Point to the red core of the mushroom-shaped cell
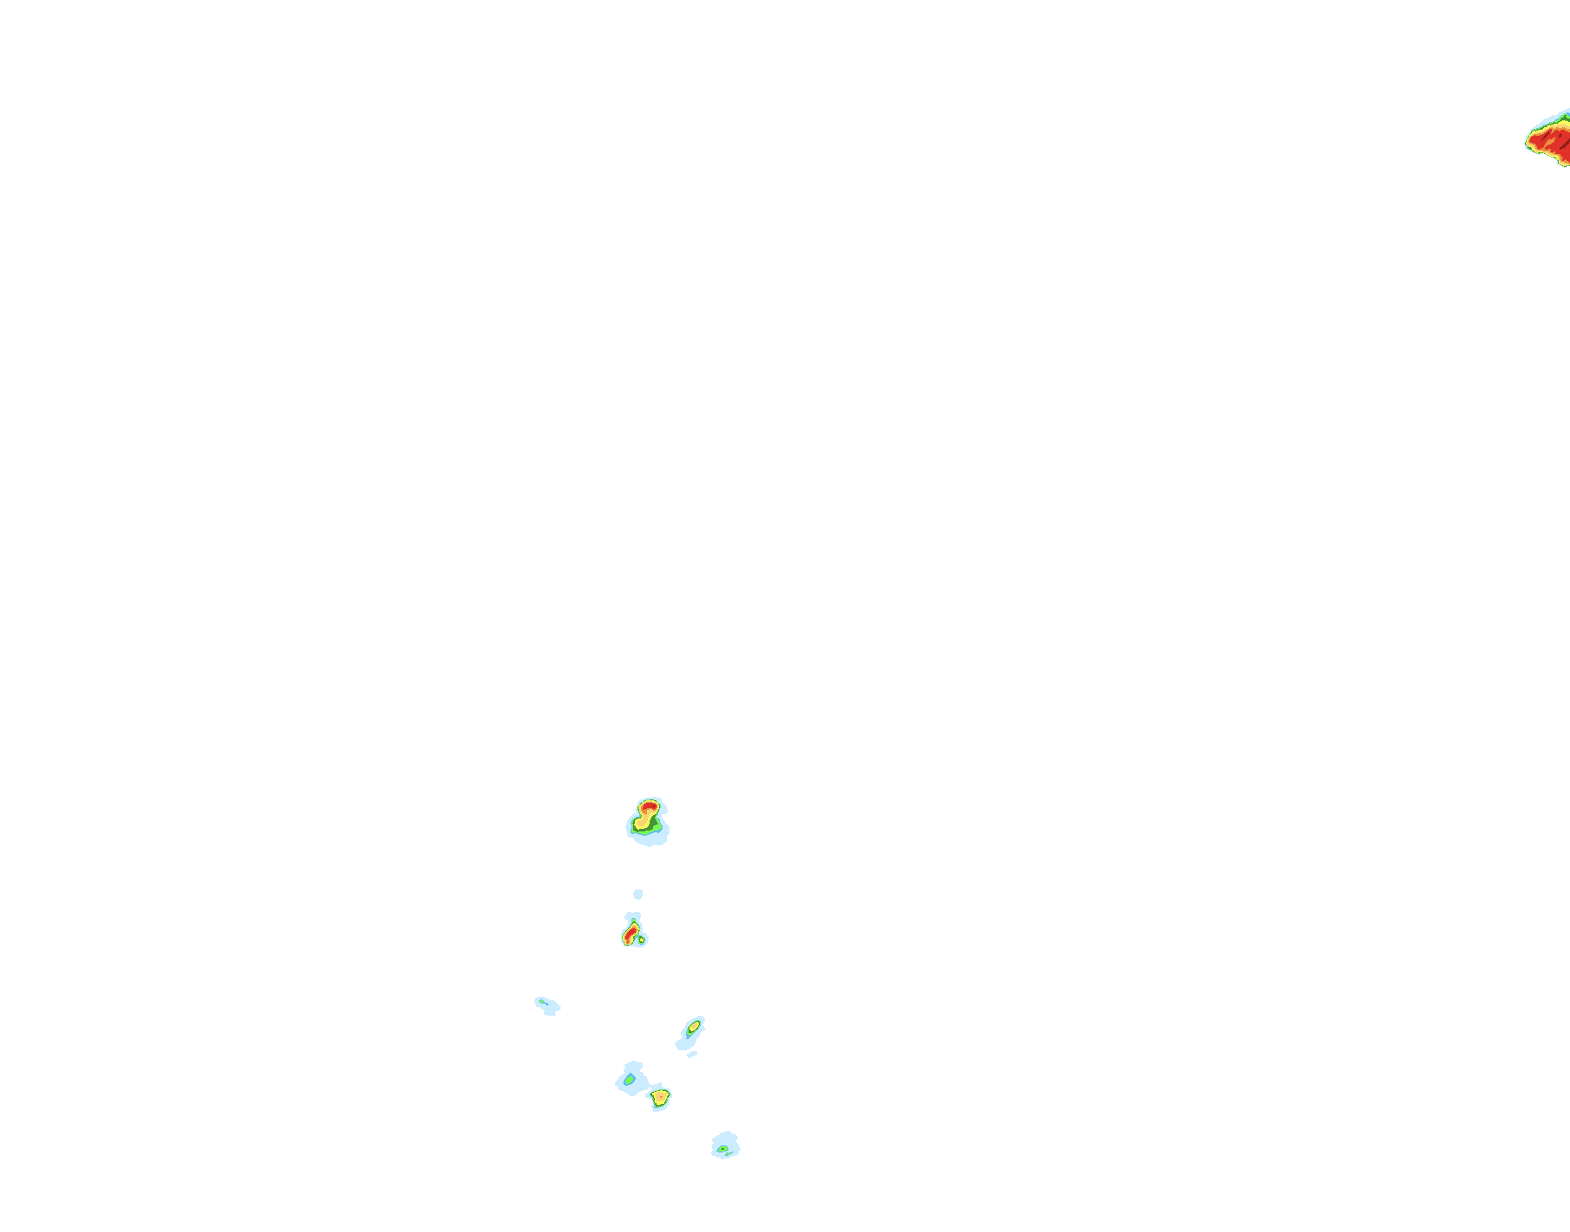coord(648,807)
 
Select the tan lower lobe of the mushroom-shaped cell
coord(644,823)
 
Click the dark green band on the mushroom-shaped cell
coord(638,831)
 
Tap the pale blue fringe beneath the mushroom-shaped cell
coord(650,839)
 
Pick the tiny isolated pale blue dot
coord(638,894)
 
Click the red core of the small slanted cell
coord(631,934)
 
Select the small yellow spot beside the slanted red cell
coord(641,940)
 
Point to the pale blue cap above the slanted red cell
coord(633,917)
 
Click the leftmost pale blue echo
coord(548,1005)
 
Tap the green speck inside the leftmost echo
coord(542,1002)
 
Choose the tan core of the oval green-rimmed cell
coord(693,1027)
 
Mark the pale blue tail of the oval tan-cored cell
coord(683,1042)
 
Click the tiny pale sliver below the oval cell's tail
coord(692,1054)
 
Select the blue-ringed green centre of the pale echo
coord(630,1080)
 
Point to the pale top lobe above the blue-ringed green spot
coord(634,1066)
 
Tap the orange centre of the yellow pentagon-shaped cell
coord(660,1097)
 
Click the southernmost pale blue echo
coord(726,1145)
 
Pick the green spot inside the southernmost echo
coord(722,1149)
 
